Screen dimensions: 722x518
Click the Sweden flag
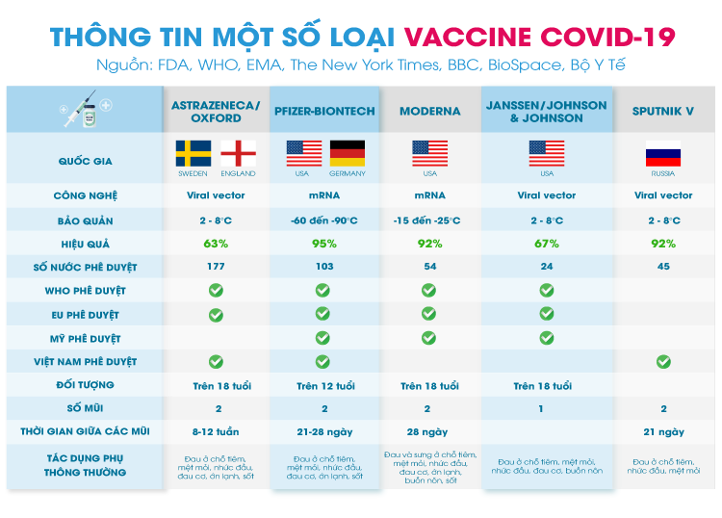click(193, 153)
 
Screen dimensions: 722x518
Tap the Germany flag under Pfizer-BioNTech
click(348, 153)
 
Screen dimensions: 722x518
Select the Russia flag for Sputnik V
click(663, 153)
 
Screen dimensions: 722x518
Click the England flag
click(238, 153)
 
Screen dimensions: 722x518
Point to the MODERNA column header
click(430, 111)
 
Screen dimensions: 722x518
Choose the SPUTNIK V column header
click(663, 111)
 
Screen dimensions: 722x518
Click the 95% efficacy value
click(324, 244)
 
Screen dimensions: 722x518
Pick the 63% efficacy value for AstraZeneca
click(216, 244)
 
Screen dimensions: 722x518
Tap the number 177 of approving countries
click(216, 266)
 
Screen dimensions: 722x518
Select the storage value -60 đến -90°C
click(324, 220)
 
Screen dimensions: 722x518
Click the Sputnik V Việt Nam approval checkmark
click(663, 361)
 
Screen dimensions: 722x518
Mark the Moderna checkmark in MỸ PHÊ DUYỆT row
click(428, 338)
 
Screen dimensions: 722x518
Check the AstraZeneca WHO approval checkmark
click(216, 290)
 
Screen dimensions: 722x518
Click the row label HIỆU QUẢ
click(85, 244)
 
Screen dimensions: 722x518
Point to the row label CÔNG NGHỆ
click(85, 195)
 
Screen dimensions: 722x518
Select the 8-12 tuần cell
click(216, 432)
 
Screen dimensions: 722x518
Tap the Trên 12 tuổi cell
click(325, 386)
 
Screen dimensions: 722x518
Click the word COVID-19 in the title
click(606, 37)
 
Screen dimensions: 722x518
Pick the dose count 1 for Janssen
click(541, 408)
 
